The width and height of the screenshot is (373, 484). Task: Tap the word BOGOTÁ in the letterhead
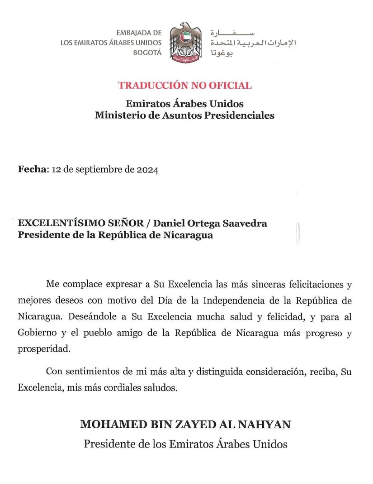[x=147, y=53]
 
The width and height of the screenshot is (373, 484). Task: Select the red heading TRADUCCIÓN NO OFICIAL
[x=185, y=85]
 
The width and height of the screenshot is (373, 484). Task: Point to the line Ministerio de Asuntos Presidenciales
[x=184, y=115]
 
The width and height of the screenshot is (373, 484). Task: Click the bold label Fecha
[x=32, y=169]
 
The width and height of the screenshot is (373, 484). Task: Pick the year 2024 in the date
[x=147, y=170]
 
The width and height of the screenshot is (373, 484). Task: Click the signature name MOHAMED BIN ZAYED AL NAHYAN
[x=185, y=425]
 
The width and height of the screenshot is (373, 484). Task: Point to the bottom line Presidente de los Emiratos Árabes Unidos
[x=185, y=444]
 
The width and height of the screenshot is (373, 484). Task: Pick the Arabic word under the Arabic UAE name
[x=222, y=53]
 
